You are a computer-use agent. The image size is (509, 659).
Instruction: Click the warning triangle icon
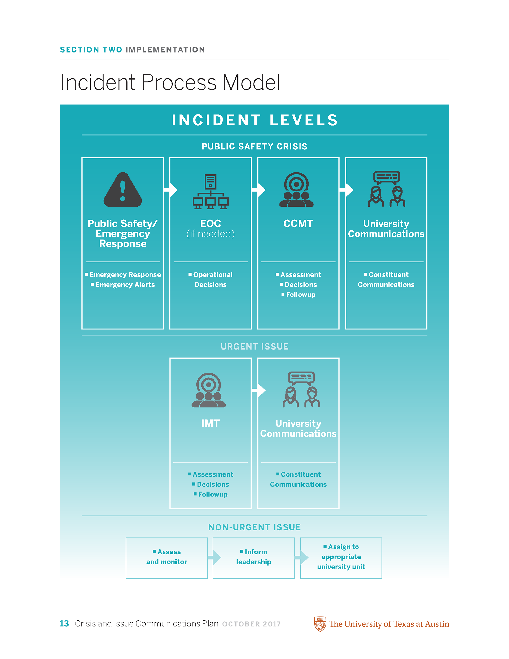pyautogui.click(x=122, y=190)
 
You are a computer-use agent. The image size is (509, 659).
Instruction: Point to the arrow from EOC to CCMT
pyautogui.click(x=259, y=190)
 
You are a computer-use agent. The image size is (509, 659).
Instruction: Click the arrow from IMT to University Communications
pyautogui.click(x=259, y=390)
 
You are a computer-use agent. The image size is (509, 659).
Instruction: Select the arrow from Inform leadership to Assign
pyautogui.click(x=301, y=558)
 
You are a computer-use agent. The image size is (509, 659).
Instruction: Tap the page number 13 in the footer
pyautogui.click(x=64, y=623)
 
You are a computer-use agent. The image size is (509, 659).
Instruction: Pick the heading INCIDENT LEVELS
pyautogui.click(x=255, y=120)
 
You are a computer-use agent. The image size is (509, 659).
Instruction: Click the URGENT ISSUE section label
pyautogui.click(x=254, y=346)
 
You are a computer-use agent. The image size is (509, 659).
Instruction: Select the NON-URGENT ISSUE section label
pyautogui.click(x=254, y=527)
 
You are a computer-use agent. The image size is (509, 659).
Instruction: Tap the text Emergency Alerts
pyautogui.click(x=125, y=285)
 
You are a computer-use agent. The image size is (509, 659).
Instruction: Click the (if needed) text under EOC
pyautogui.click(x=210, y=234)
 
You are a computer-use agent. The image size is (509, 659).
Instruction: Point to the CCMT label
pyautogui.click(x=298, y=224)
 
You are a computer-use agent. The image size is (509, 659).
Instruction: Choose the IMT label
pyautogui.click(x=210, y=423)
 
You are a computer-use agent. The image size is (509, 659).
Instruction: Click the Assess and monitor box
pyautogui.click(x=166, y=558)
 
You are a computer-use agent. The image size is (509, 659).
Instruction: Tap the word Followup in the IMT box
pyautogui.click(x=213, y=494)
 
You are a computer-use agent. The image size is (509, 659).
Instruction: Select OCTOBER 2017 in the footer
pyautogui.click(x=251, y=624)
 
